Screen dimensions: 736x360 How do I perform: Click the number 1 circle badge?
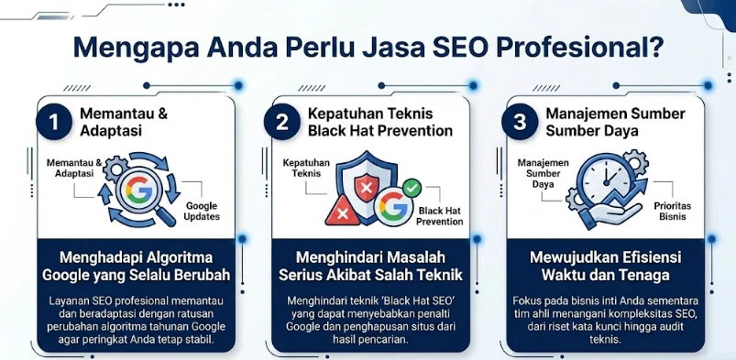click(54, 122)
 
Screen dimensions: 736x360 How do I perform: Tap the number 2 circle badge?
click(281, 122)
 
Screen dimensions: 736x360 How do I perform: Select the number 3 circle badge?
click(520, 122)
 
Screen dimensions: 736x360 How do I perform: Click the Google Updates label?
click(202, 212)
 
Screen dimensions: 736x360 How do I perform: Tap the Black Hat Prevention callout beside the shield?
click(440, 216)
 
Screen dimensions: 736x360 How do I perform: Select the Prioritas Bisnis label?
click(672, 212)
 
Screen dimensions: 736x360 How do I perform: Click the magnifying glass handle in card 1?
click(165, 216)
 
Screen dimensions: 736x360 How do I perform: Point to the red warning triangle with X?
click(343, 212)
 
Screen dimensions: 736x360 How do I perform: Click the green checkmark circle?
click(412, 188)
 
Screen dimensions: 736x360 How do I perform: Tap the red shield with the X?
click(367, 186)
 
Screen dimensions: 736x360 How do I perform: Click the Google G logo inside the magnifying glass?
click(138, 190)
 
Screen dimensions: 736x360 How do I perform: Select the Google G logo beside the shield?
click(393, 206)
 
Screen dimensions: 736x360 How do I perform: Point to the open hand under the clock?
click(610, 214)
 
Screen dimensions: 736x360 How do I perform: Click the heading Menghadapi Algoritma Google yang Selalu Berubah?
click(137, 267)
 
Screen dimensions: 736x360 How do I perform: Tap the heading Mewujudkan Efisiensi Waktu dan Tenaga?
click(606, 267)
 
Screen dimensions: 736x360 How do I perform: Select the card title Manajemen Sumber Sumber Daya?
click(615, 122)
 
